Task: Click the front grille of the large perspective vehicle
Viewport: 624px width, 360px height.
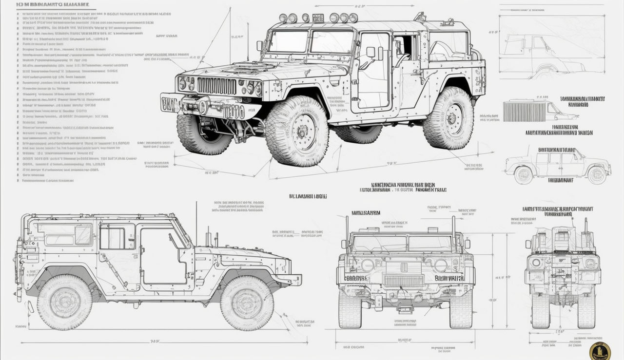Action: (x=216, y=86)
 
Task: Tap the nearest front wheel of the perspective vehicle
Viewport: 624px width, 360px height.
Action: (x=297, y=131)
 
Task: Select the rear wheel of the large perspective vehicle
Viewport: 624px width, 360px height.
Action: (x=448, y=118)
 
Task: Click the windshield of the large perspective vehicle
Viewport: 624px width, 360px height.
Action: (x=310, y=42)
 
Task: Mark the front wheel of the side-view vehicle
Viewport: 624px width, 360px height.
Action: (x=247, y=303)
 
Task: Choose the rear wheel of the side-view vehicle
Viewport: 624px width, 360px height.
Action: (x=64, y=302)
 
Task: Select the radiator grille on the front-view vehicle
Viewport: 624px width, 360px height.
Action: (x=404, y=281)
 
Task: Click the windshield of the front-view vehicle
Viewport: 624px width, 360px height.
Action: (x=404, y=243)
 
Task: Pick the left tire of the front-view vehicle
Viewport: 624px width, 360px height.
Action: (x=350, y=310)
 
